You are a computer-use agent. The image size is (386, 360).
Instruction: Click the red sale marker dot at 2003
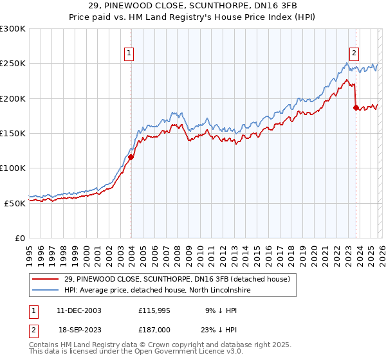click(131, 157)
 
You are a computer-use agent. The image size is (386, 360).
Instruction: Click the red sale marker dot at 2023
click(356, 107)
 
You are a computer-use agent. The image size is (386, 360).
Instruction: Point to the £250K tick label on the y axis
click(12, 64)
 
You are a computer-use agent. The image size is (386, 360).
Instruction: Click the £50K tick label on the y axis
click(14, 203)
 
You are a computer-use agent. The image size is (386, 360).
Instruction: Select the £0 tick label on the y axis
click(19, 238)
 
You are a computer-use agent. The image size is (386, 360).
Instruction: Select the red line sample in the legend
click(46, 279)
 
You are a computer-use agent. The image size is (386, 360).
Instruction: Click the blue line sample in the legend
click(46, 291)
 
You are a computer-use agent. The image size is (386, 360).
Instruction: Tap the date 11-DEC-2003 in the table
click(78, 310)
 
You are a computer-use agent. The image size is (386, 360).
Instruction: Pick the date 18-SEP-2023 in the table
click(78, 329)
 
